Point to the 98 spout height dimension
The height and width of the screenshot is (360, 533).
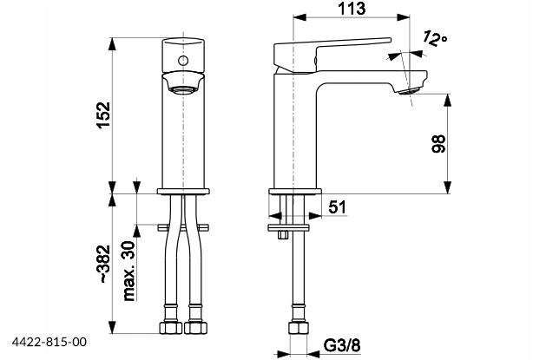pyautogui.click(x=438, y=145)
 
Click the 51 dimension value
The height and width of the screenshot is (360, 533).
pyautogui.click(x=339, y=206)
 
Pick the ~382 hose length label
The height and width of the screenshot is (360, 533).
pyautogui.click(x=102, y=265)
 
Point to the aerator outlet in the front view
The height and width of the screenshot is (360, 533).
pyautogui.click(x=183, y=88)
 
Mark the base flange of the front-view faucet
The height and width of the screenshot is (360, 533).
pyautogui.click(x=183, y=192)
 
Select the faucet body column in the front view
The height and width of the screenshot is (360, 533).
pyautogui.click(x=183, y=139)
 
